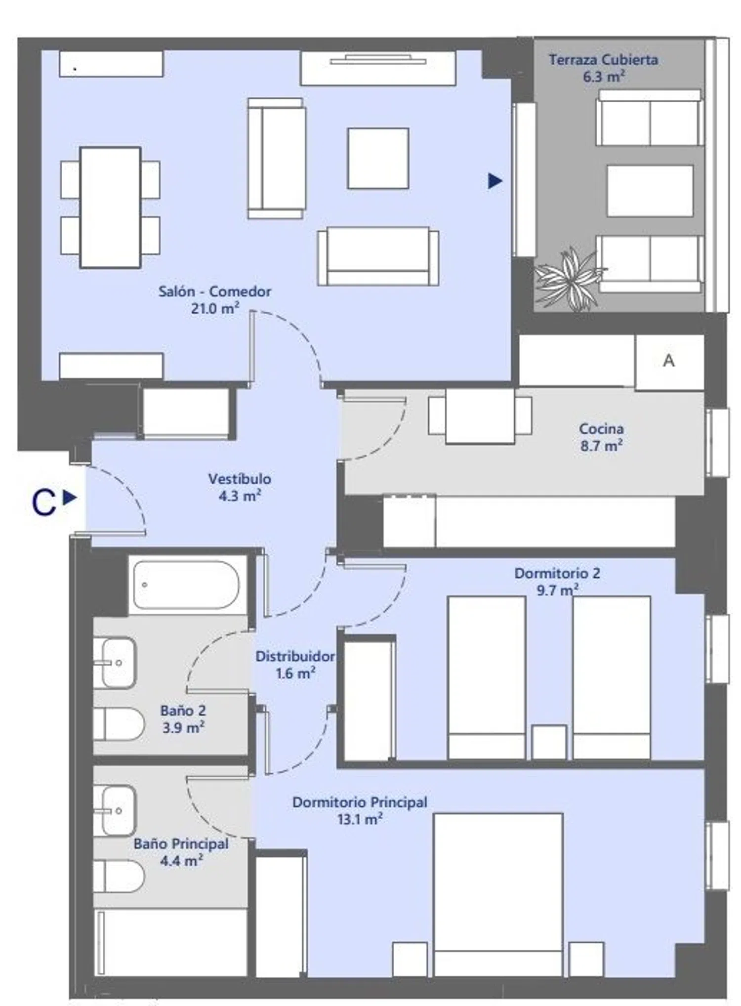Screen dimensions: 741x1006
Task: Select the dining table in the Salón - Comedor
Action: (x=110, y=208)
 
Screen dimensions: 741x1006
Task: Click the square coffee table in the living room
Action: (x=378, y=158)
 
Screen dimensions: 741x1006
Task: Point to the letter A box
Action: (x=669, y=362)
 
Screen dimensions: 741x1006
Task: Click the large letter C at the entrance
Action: (x=43, y=503)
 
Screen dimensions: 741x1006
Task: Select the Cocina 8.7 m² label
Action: (x=601, y=437)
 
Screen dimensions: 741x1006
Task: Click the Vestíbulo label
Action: (x=240, y=479)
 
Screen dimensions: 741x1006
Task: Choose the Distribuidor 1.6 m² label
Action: (x=295, y=665)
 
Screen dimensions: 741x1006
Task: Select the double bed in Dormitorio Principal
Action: (x=498, y=895)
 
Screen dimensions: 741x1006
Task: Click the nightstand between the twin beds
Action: (x=549, y=742)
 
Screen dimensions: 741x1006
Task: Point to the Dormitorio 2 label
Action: (x=557, y=574)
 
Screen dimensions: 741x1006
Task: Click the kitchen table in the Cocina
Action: (x=480, y=416)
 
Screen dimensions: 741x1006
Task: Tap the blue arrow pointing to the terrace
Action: (x=495, y=181)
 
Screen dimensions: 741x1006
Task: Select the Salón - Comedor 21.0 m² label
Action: (x=215, y=300)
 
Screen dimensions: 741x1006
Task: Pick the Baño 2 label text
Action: (x=183, y=711)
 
